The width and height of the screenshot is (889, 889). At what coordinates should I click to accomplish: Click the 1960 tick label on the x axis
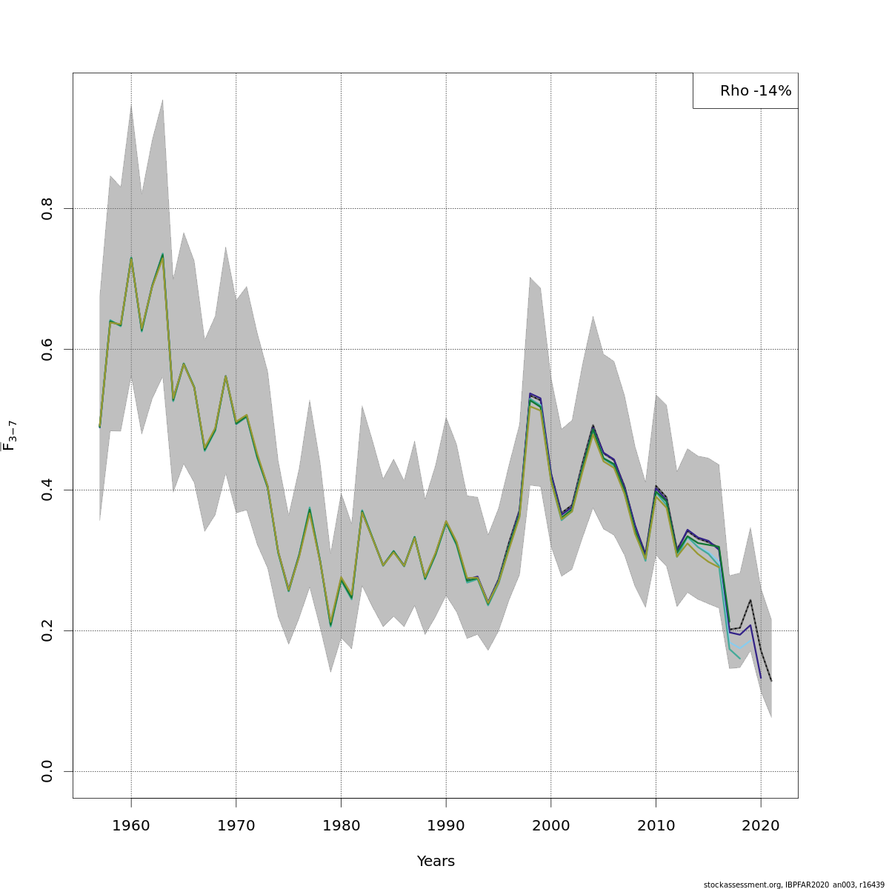click(131, 826)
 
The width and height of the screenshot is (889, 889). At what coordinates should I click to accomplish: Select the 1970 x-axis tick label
click(236, 826)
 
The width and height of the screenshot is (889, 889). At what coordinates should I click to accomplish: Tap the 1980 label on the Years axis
click(341, 826)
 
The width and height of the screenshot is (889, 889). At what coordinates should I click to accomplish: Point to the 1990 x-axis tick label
click(446, 826)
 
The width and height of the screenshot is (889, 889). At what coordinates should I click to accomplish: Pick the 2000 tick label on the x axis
click(550, 826)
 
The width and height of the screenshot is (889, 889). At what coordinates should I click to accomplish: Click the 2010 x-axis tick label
click(656, 826)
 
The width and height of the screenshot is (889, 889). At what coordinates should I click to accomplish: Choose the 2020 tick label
click(761, 826)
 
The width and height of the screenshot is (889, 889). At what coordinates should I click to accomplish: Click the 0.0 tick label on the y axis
click(47, 771)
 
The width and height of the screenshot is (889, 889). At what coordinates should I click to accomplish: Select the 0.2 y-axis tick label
click(47, 630)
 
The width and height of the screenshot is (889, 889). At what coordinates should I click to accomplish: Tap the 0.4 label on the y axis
click(47, 490)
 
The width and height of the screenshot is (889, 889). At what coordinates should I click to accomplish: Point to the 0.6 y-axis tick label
click(47, 349)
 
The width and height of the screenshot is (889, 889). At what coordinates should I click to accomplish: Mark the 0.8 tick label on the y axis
click(47, 208)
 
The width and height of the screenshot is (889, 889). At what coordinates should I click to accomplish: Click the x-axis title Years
click(436, 862)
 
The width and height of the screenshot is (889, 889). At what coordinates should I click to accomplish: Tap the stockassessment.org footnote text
click(794, 884)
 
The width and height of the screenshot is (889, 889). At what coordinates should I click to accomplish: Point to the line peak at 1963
click(162, 254)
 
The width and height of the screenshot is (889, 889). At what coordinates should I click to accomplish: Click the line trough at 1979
click(330, 625)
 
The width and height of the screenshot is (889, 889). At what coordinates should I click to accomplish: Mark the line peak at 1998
click(530, 396)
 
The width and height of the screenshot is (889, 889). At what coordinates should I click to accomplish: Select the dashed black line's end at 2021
click(771, 681)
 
